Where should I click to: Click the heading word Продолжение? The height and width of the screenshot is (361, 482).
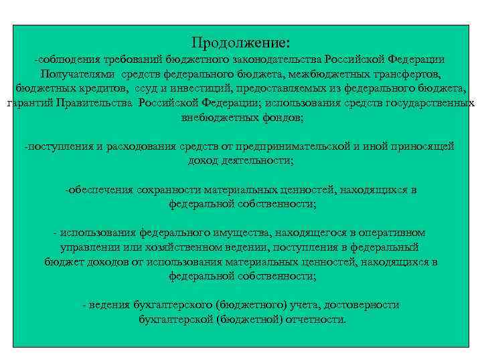240,43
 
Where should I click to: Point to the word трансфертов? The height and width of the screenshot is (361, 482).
404,74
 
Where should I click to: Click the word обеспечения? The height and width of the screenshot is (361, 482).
100,190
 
